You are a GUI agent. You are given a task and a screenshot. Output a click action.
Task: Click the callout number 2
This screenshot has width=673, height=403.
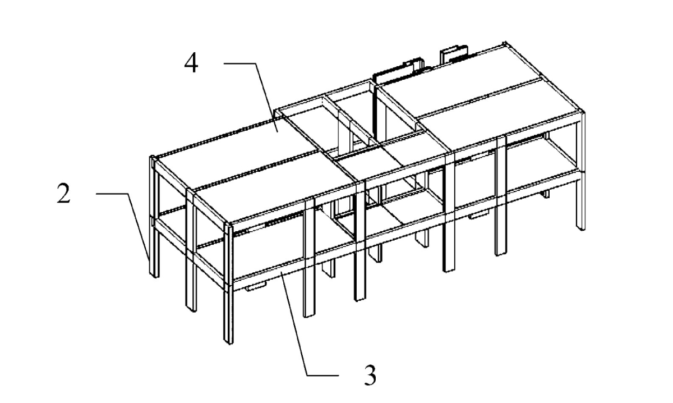(64, 194)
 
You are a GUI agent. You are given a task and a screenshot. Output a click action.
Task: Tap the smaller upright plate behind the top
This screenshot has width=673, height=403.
(454, 53)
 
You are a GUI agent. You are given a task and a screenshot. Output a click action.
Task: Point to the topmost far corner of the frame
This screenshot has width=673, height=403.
(505, 42)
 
